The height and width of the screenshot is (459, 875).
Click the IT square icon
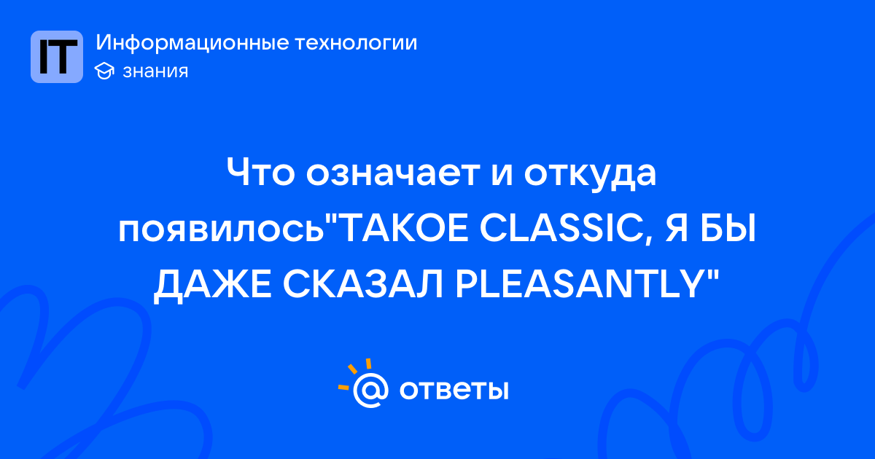[x=57, y=57]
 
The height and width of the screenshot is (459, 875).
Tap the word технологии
[x=356, y=43]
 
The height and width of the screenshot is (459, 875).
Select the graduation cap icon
[x=104, y=71]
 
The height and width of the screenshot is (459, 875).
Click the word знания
[x=155, y=71]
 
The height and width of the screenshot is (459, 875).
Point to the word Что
[x=260, y=172]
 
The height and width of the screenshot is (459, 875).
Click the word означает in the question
[x=393, y=173]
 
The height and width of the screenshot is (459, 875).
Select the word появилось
[x=222, y=230]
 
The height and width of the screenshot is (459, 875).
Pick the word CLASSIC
[x=561, y=229]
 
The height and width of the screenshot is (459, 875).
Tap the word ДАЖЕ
[x=212, y=286]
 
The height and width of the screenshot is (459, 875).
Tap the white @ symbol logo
[x=370, y=390]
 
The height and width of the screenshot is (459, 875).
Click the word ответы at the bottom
[x=454, y=390]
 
